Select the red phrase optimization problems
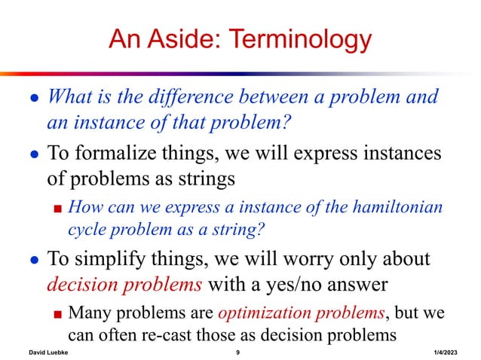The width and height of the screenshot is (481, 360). (283, 312)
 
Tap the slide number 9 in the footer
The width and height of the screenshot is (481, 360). (237, 352)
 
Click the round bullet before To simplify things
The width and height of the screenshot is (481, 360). (30, 261)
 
